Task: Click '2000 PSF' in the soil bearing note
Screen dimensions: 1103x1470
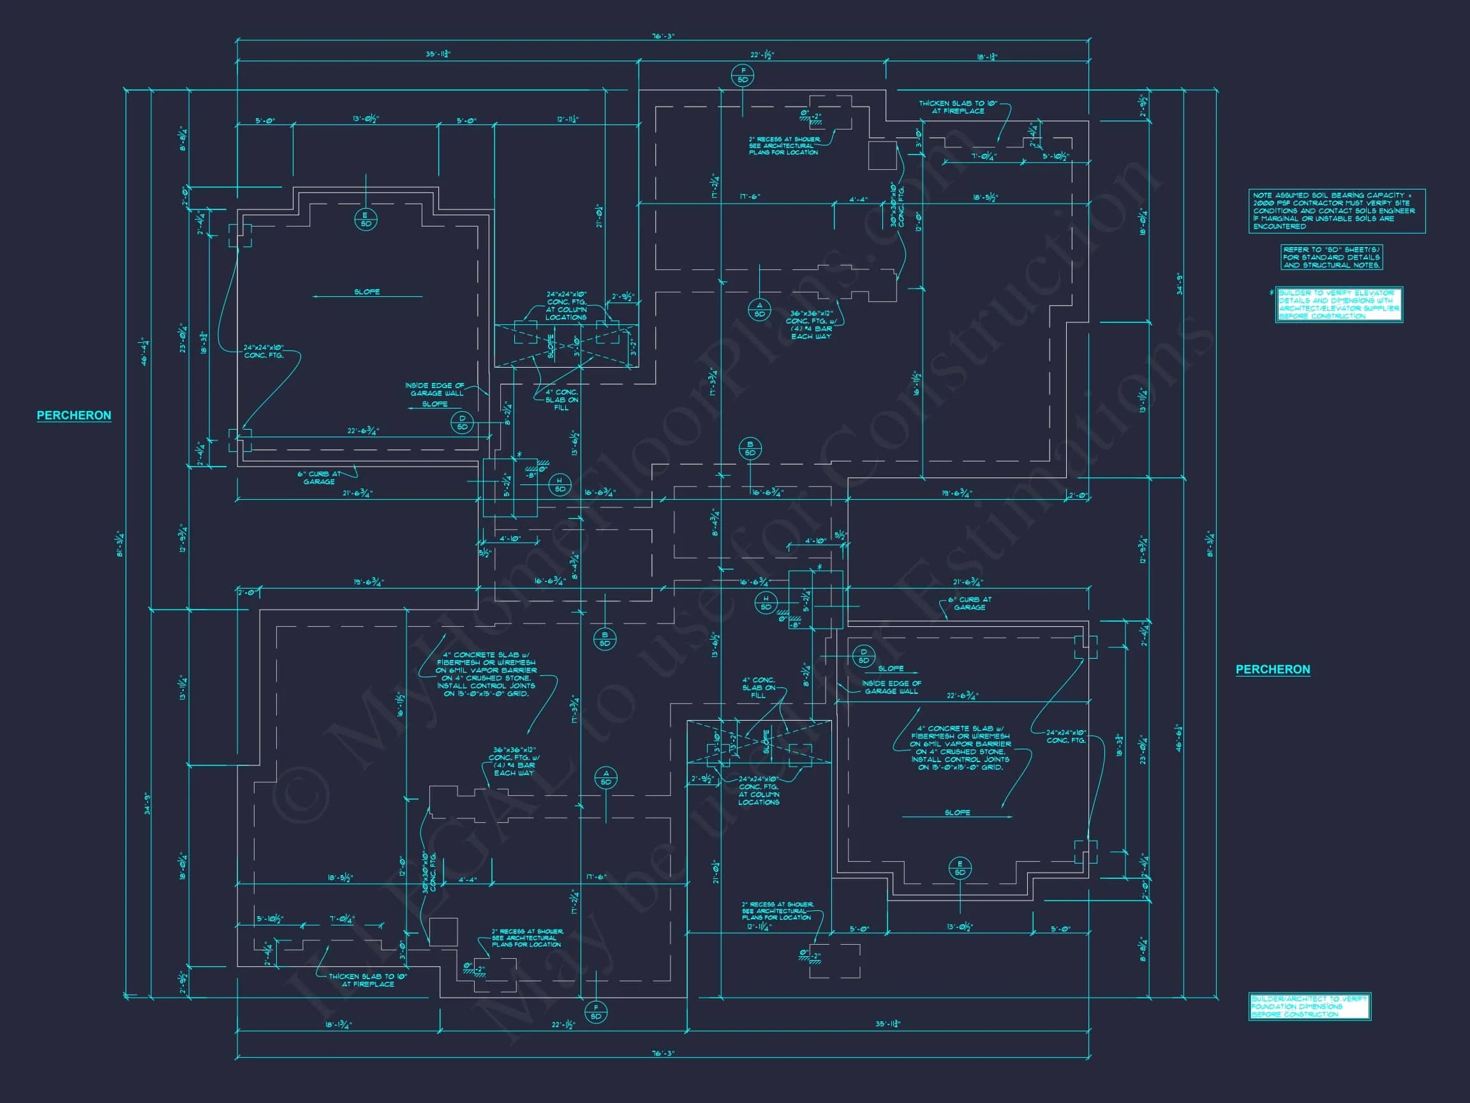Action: click(1265, 203)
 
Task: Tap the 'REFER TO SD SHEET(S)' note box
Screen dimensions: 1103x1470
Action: click(1331, 257)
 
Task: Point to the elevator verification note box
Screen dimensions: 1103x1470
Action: click(1339, 304)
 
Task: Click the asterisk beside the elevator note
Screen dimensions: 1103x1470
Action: click(1271, 293)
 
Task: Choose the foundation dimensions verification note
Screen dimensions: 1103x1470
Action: click(1309, 1007)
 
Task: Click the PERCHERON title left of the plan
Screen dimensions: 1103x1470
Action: click(74, 416)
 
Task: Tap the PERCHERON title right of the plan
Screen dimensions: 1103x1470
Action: click(1273, 670)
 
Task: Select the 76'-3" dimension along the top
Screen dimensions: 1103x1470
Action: click(662, 36)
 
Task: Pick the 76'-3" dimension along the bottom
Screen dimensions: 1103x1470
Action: click(662, 1054)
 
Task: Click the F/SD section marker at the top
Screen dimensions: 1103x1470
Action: click(742, 75)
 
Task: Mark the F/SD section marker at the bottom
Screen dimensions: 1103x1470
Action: click(595, 1012)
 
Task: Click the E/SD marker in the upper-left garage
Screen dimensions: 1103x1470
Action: click(366, 220)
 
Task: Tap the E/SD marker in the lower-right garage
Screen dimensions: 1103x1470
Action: click(960, 867)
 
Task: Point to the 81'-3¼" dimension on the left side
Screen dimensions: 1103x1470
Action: click(121, 544)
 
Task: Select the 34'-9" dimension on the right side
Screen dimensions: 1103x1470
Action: click(1180, 285)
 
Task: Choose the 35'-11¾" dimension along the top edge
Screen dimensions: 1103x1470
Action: click(438, 54)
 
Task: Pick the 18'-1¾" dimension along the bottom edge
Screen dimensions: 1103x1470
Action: click(338, 1024)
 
